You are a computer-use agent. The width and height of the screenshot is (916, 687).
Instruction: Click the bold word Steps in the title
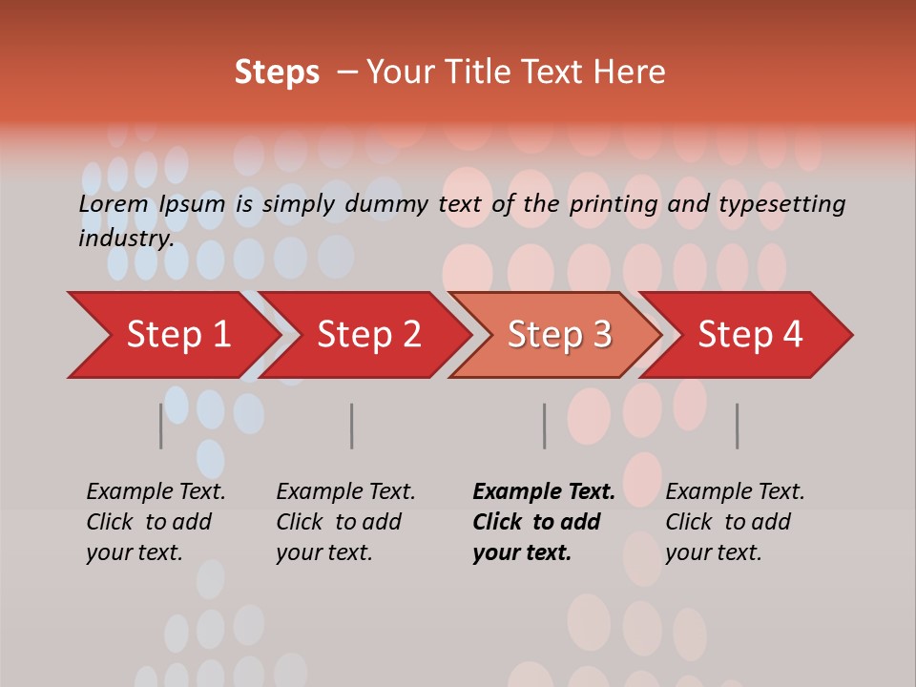coord(277,73)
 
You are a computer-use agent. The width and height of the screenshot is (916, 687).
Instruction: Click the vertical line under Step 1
coord(160,426)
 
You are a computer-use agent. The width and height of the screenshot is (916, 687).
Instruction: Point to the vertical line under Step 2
coord(351,426)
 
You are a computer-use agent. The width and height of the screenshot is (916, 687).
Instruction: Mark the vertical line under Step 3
coord(544,426)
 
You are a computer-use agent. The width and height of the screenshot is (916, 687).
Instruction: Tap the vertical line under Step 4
coord(737,426)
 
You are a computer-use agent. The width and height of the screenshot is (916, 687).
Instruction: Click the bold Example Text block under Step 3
coord(544,522)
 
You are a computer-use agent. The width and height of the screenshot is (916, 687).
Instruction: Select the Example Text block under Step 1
coord(156,522)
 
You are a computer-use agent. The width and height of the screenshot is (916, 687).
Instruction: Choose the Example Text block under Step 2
coord(345,522)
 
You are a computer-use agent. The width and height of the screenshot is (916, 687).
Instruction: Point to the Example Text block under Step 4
coord(735,522)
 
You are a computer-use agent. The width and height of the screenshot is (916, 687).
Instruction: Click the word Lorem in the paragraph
coord(114,204)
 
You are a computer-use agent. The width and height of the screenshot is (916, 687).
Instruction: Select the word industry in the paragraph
coord(125,239)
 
